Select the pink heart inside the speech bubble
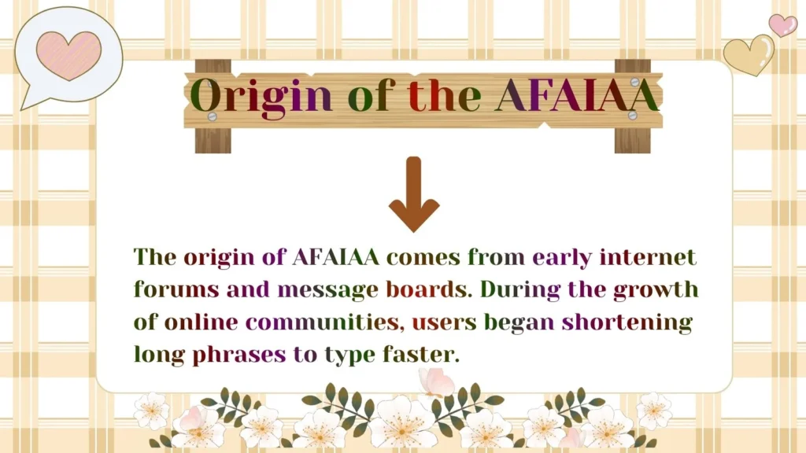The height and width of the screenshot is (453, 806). [68, 55]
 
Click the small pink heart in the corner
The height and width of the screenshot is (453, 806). [782, 25]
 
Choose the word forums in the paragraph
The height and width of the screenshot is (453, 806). [177, 289]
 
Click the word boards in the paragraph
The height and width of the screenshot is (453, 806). [426, 289]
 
